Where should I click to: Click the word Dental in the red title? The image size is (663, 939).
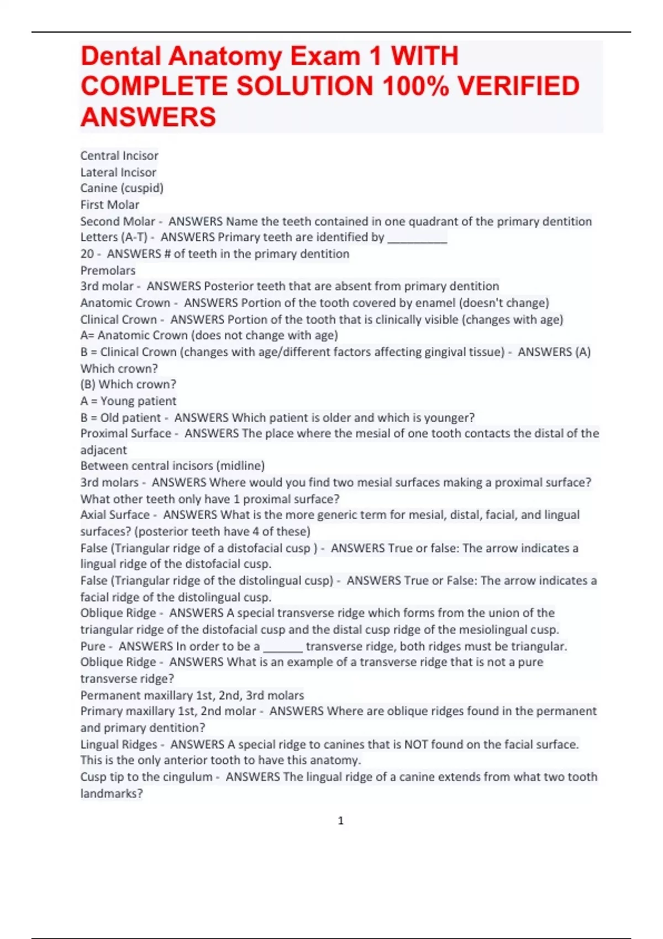[x=122, y=56]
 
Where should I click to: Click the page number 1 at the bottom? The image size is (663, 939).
[x=340, y=821]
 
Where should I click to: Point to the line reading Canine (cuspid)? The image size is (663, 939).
[x=122, y=188]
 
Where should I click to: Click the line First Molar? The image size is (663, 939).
[x=109, y=205]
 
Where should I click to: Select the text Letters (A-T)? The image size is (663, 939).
[x=114, y=238]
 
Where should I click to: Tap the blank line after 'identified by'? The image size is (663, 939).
[x=417, y=239]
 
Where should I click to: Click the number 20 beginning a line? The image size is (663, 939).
[x=87, y=254]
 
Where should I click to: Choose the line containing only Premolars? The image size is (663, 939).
[x=108, y=271]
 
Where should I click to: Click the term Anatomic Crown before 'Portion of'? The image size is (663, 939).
[x=125, y=303]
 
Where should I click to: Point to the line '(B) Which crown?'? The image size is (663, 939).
[x=128, y=384]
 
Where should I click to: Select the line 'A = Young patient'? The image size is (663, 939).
[x=128, y=401]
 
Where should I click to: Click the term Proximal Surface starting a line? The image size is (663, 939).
[x=125, y=434]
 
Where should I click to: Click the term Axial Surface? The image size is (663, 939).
[x=115, y=515]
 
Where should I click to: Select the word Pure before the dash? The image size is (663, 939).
[x=92, y=646]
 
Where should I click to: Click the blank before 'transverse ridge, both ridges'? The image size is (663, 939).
[x=282, y=647]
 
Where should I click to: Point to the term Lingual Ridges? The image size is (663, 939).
[x=118, y=745]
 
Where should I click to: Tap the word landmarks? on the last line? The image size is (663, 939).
[x=112, y=794]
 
